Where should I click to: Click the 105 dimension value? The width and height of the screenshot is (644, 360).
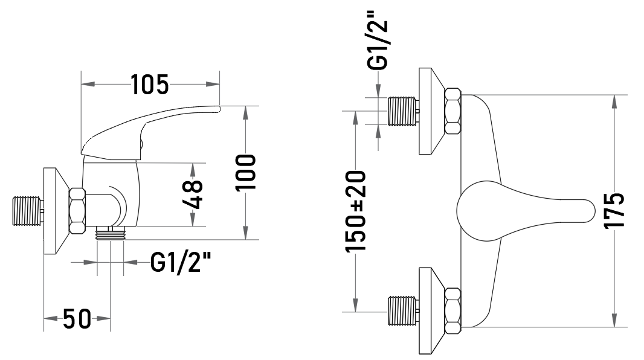(150, 85)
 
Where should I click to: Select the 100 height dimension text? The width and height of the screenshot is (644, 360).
(246, 172)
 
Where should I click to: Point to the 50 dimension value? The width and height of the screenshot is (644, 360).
(77, 318)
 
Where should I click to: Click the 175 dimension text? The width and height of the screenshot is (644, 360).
(614, 211)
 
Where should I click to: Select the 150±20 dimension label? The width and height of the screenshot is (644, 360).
(356, 211)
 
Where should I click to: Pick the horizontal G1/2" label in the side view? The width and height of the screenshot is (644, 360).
(181, 262)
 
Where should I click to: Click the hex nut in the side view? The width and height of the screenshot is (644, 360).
(77, 211)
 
